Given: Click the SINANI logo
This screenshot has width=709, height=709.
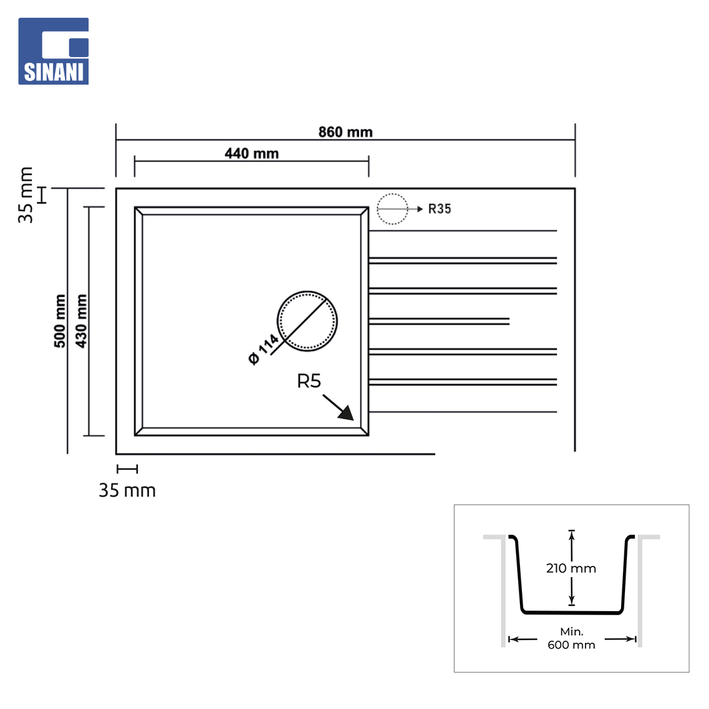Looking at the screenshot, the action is pos(53,51).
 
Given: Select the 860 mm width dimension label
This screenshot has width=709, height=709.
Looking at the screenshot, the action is pos(345,132).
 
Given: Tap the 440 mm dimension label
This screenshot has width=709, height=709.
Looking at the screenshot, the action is pos(251,153).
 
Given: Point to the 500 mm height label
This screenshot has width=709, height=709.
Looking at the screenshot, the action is pos(60,321).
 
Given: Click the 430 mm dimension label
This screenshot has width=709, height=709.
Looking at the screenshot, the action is pos(81,321).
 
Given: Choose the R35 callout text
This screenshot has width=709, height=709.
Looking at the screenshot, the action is pos(439,209).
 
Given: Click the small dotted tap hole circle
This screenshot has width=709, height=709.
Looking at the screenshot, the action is pos(393,209).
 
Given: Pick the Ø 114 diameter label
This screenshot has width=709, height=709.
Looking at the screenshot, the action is pos(264,349).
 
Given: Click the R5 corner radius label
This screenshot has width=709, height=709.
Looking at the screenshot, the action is pos(309,381).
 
